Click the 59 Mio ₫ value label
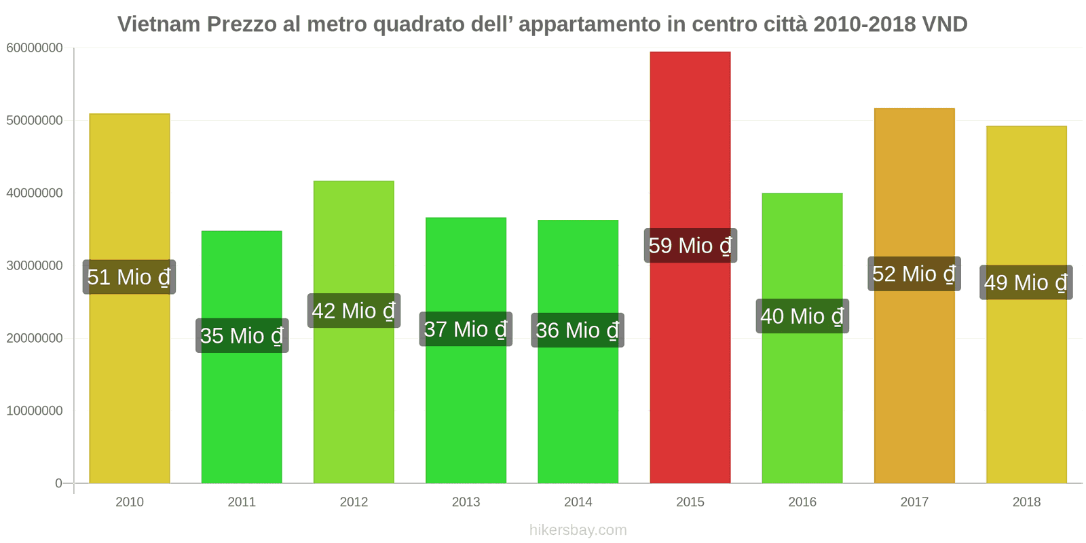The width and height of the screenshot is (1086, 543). coord(690,246)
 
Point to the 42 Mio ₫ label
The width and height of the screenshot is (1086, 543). coord(354,311)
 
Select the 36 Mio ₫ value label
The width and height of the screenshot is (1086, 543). coord(578,331)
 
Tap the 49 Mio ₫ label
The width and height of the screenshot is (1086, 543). coord(1026,282)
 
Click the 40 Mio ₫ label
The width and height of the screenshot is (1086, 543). coord(802,316)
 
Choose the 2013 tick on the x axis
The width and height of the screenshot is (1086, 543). coord(466,502)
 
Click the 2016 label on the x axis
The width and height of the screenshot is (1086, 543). coord(802,502)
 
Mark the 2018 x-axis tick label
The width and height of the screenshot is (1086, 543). coord(1026,502)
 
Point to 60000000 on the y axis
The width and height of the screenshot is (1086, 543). coord(35,48)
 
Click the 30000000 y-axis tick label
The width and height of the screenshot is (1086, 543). coord(35,266)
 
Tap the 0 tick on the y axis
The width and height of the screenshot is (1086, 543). coord(58,483)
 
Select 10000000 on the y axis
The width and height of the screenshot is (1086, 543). coord(35,411)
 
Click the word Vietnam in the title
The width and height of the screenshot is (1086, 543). coord(159,24)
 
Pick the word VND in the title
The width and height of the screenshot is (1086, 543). coord(944,24)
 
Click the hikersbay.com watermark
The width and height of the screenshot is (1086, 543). coord(578,530)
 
